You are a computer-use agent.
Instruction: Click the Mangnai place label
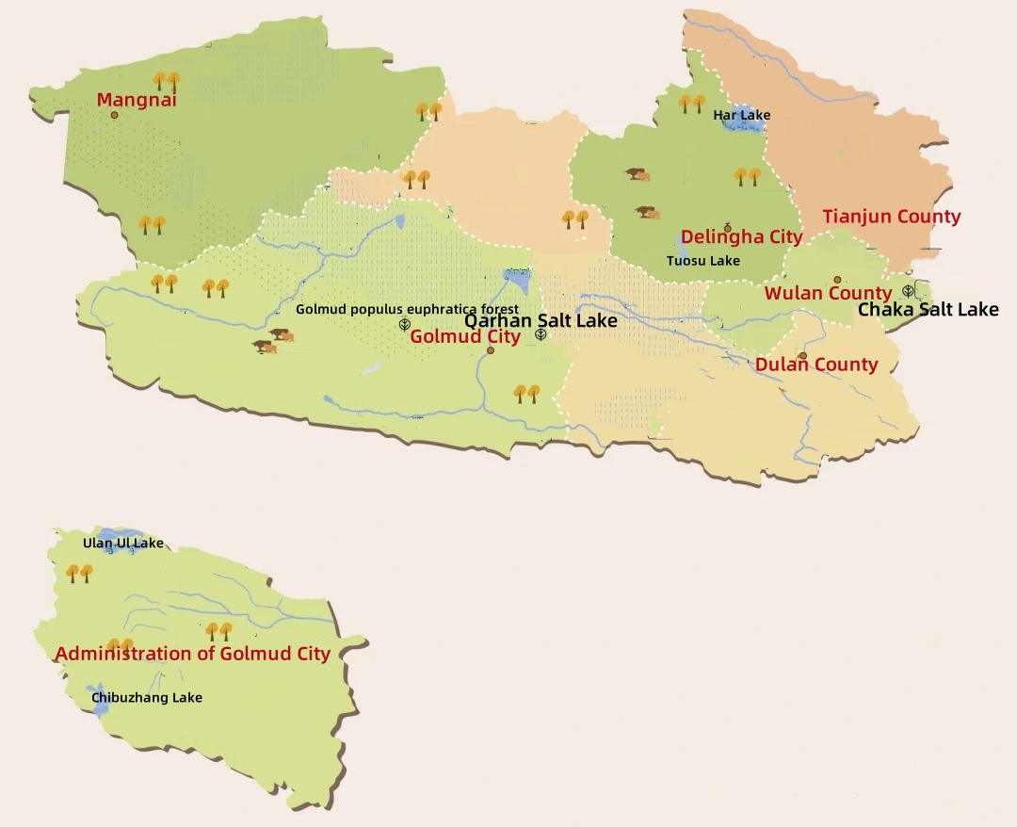pyautogui.click(x=137, y=99)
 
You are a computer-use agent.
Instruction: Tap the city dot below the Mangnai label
pyautogui.click(x=115, y=115)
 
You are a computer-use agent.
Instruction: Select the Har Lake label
pyautogui.click(x=741, y=115)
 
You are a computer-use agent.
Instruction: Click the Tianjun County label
pyautogui.click(x=891, y=217)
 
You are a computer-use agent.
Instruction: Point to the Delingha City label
pyautogui.click(x=741, y=237)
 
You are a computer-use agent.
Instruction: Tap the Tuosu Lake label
pyautogui.click(x=702, y=261)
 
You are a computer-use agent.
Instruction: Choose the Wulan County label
pyautogui.click(x=827, y=293)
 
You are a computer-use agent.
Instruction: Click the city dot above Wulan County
pyautogui.click(x=837, y=280)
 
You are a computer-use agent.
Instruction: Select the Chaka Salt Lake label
pyautogui.click(x=928, y=309)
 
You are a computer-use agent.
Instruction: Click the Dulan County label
pyautogui.click(x=815, y=365)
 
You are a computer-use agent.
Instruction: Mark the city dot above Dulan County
pyautogui.click(x=803, y=356)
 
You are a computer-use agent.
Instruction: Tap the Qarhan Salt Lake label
pyautogui.click(x=541, y=320)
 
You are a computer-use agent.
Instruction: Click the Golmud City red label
pyautogui.click(x=464, y=337)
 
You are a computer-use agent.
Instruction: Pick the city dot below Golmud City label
pyautogui.click(x=491, y=350)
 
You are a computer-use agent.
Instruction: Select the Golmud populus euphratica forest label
pyautogui.click(x=407, y=309)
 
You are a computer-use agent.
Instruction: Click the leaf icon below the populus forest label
pyautogui.click(x=404, y=325)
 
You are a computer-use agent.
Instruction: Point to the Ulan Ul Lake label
pyautogui.click(x=122, y=543)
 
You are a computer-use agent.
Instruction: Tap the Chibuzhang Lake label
pyautogui.click(x=146, y=698)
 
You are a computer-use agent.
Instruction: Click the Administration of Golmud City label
pyautogui.click(x=192, y=654)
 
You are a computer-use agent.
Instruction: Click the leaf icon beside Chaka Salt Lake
pyautogui.click(x=908, y=291)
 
